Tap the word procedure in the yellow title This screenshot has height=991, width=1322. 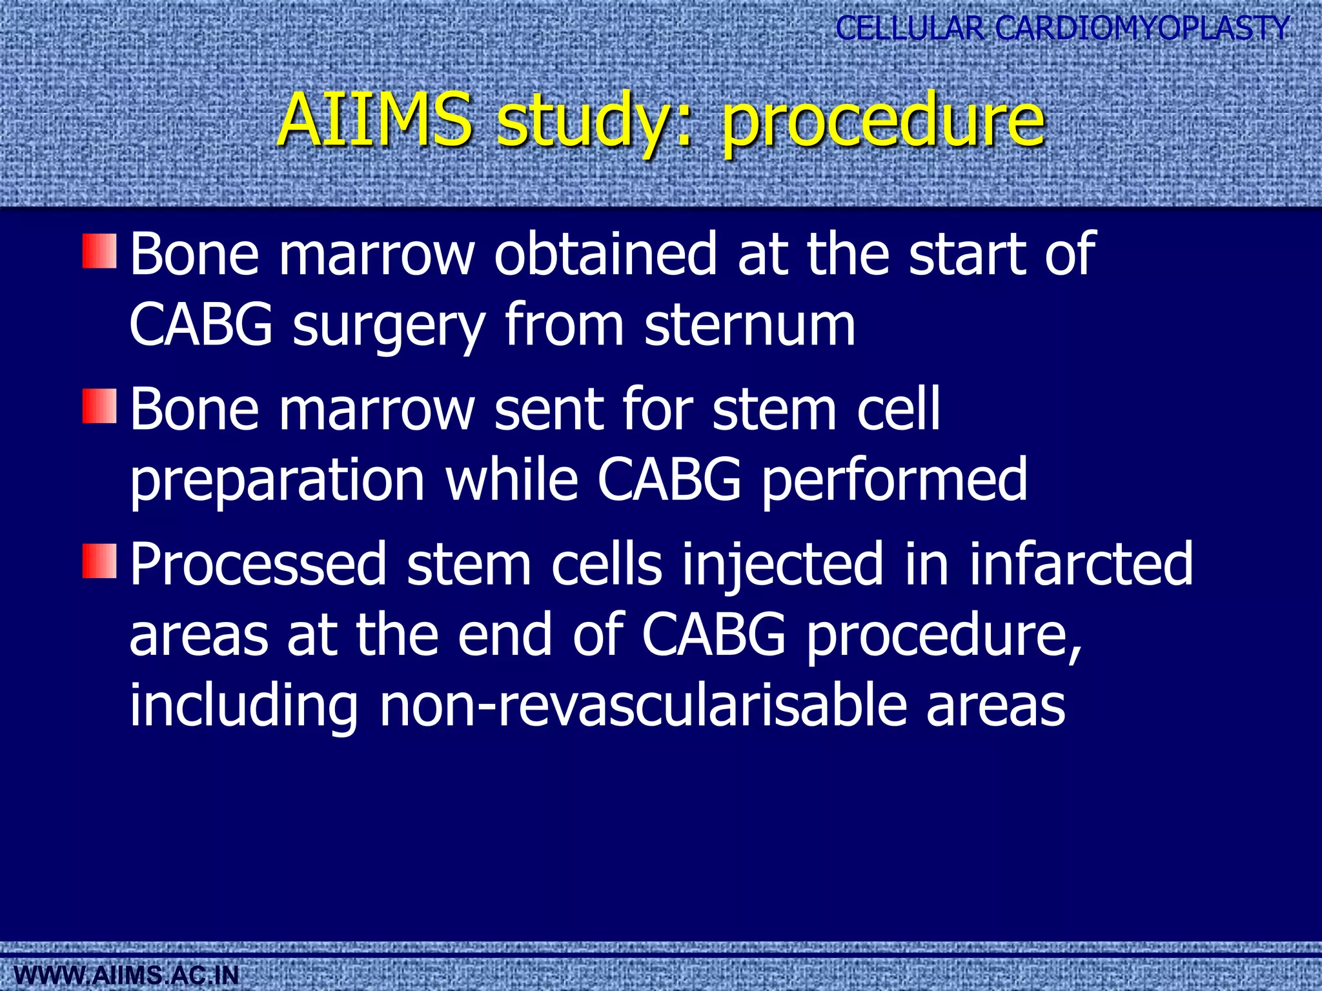(x=882, y=123)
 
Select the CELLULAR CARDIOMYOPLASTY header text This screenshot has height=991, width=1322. (x=1062, y=28)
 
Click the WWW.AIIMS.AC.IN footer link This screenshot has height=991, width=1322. (x=120, y=975)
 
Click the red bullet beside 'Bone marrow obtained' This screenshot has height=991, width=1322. (x=99, y=251)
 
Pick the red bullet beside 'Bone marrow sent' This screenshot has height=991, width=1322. (x=99, y=406)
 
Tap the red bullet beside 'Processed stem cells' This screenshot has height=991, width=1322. (x=99, y=561)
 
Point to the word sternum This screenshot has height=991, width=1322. (x=749, y=325)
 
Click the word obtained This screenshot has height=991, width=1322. (x=605, y=254)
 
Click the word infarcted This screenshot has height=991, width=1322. (x=1081, y=564)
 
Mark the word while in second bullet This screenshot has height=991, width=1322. (x=511, y=479)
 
